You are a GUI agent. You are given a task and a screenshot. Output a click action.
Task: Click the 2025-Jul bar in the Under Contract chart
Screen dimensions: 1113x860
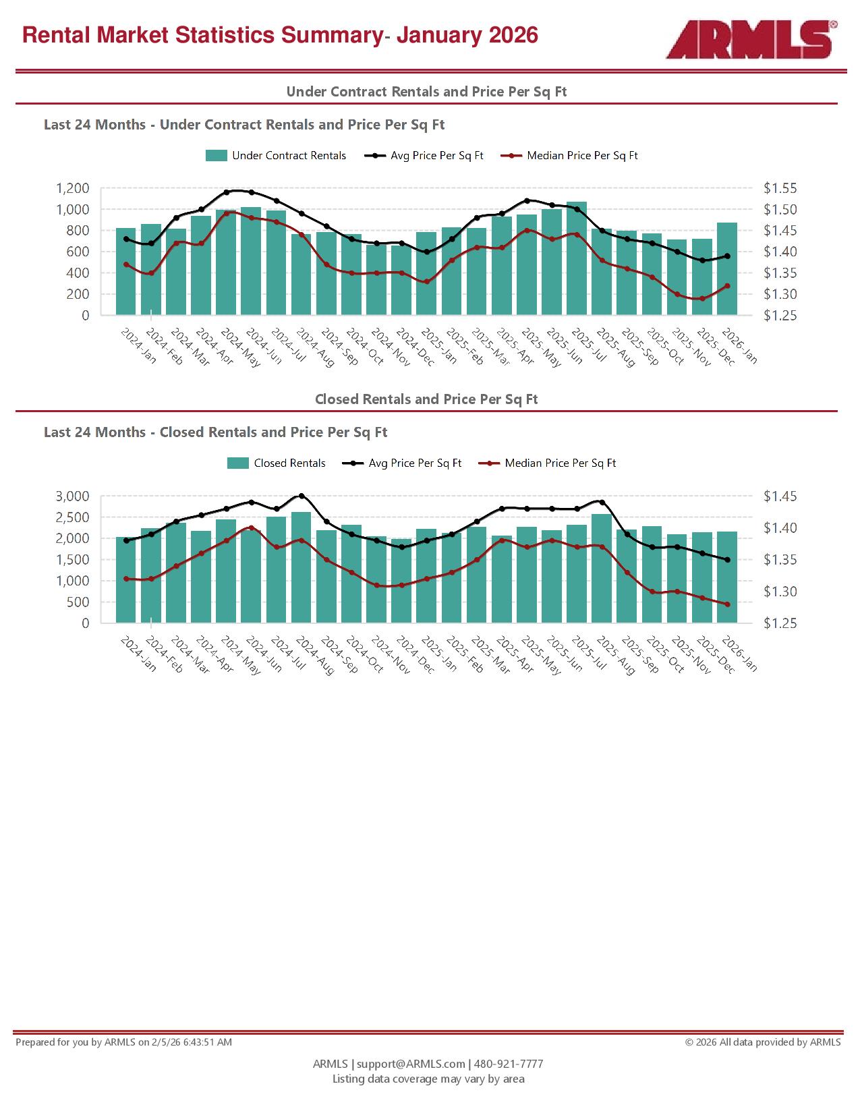577,258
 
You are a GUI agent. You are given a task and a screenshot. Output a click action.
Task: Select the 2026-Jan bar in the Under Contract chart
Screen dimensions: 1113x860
727,268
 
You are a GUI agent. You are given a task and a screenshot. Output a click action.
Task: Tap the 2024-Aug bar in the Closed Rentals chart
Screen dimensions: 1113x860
302,567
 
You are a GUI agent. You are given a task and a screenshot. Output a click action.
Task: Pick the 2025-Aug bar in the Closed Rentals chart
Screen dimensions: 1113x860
602,568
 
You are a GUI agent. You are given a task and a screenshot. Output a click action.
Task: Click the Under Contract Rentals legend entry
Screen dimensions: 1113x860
276,156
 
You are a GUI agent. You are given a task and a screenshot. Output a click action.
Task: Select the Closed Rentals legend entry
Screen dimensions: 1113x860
277,463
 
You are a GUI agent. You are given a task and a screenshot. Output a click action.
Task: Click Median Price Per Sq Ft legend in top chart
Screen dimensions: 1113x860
570,156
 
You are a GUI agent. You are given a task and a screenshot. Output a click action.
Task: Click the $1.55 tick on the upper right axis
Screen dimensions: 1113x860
780,188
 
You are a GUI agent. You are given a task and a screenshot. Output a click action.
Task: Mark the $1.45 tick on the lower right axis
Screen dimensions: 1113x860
780,496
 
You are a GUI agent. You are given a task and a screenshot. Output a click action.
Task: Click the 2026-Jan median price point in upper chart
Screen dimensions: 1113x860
727,286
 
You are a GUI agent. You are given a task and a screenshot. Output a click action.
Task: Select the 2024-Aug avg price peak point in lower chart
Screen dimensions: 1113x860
302,496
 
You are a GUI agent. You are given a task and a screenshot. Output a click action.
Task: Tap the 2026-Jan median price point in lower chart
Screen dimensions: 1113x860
727,604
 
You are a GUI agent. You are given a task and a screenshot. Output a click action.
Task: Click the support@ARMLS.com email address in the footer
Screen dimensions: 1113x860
411,1064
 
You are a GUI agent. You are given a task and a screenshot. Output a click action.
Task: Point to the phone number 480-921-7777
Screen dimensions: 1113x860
509,1064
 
